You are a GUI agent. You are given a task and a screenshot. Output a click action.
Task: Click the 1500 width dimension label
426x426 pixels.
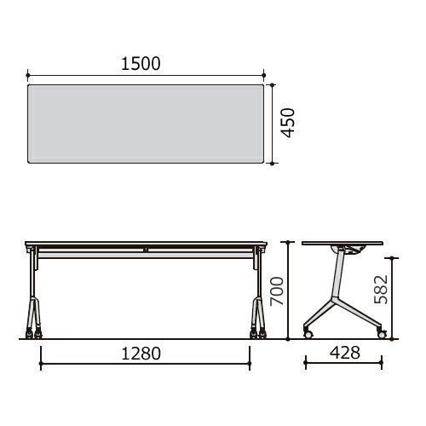pos(141,64)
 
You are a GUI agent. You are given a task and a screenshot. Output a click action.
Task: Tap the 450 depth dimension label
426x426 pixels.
pos(288,123)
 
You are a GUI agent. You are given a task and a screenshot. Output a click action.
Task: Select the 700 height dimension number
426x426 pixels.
pos(277,291)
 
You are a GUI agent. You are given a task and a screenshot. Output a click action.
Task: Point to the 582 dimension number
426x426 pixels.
pos(381,289)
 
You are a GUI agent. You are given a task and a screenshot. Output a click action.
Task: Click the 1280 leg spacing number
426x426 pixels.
pos(141,354)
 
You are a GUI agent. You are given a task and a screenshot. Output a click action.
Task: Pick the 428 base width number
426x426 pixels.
pos(345,353)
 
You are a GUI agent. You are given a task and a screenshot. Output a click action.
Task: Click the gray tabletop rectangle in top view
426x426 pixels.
pos(146,124)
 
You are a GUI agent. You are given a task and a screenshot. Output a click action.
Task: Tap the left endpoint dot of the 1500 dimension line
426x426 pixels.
pos(27,75)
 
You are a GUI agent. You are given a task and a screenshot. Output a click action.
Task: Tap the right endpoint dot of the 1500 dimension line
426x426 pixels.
pos(264,75)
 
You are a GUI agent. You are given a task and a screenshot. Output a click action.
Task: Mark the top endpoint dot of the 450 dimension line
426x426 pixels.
pos(273,84)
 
